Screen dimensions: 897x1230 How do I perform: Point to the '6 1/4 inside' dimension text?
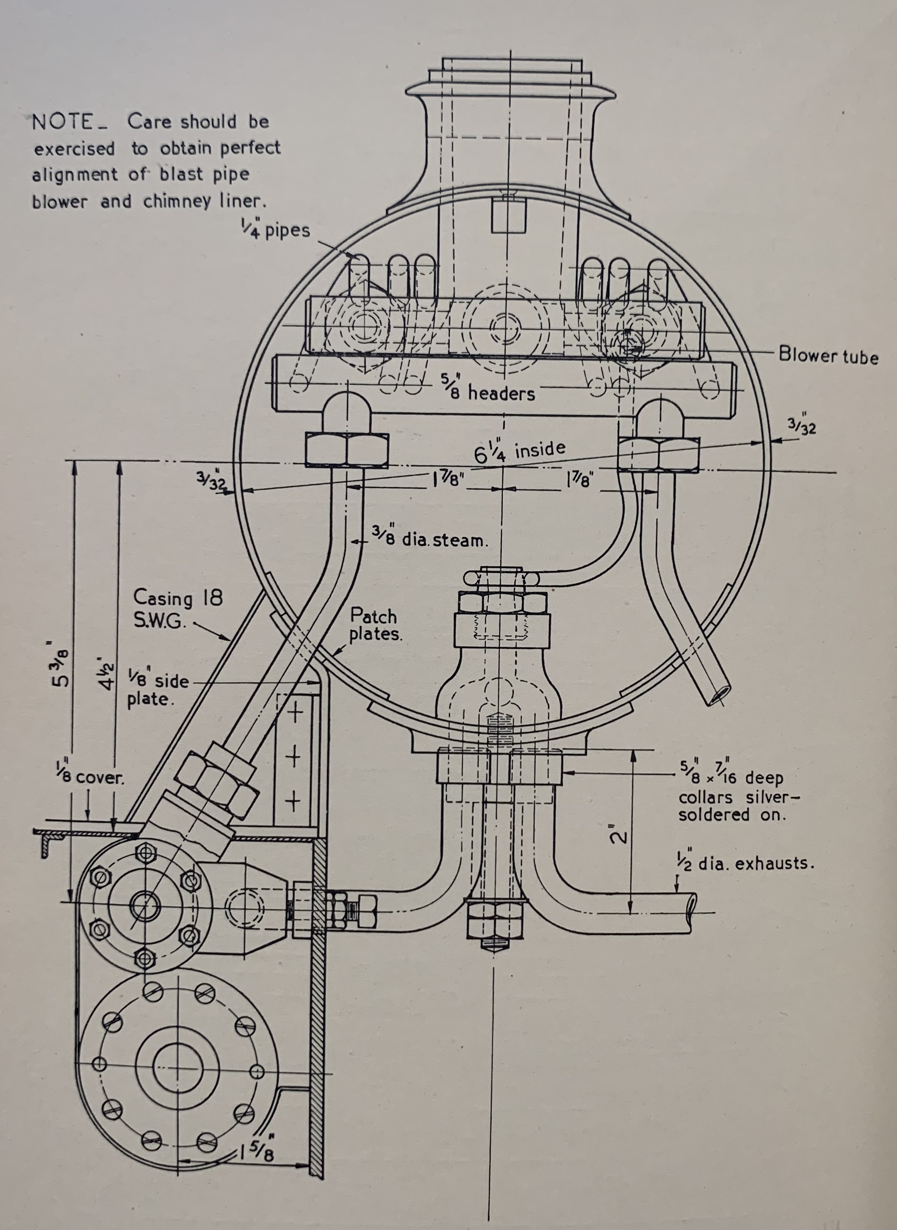(x=520, y=452)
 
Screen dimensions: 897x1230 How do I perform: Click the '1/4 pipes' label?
(x=276, y=228)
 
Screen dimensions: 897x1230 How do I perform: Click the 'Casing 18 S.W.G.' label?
(x=177, y=609)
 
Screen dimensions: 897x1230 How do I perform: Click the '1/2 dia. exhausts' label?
(x=745, y=862)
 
